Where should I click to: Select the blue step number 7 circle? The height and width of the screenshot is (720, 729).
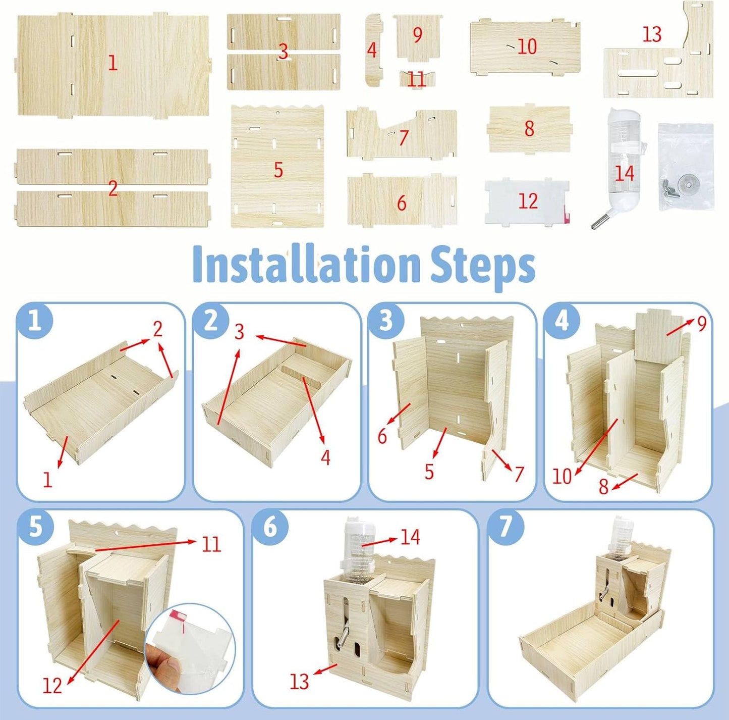506,526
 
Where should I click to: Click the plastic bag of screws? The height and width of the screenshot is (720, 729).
685,167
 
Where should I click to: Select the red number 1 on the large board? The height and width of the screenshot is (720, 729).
113,63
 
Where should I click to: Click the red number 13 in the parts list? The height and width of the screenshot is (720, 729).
651,34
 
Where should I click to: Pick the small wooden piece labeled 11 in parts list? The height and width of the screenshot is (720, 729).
417,79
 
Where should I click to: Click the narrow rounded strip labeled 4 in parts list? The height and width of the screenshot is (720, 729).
373,50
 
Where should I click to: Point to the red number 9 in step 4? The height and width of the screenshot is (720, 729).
702,323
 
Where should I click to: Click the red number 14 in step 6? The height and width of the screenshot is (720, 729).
410,537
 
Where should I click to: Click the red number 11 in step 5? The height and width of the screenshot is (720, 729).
211,544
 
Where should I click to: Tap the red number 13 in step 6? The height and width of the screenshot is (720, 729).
299,681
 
